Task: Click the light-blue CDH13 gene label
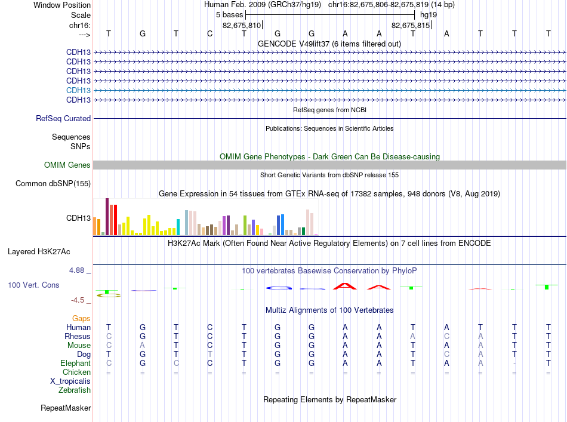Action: point(78,90)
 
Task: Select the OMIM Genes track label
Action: point(67,165)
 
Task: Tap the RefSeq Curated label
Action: point(63,119)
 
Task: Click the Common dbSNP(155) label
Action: point(53,184)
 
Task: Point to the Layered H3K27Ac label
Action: point(39,252)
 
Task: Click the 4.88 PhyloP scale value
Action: point(76,270)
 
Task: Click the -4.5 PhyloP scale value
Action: point(78,300)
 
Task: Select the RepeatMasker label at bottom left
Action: point(66,408)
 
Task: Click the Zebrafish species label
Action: point(75,390)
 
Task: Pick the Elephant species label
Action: point(76,364)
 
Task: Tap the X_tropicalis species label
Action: point(70,381)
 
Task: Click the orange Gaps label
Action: point(81,319)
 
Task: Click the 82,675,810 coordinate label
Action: point(242,25)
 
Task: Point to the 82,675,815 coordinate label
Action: point(411,25)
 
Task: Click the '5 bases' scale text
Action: point(230,15)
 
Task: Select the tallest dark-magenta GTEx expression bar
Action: point(107,217)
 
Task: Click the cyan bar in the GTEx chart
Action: point(178,227)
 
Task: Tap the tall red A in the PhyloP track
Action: point(344,286)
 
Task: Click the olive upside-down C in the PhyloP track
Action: point(109,295)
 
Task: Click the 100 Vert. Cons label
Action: point(33,285)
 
